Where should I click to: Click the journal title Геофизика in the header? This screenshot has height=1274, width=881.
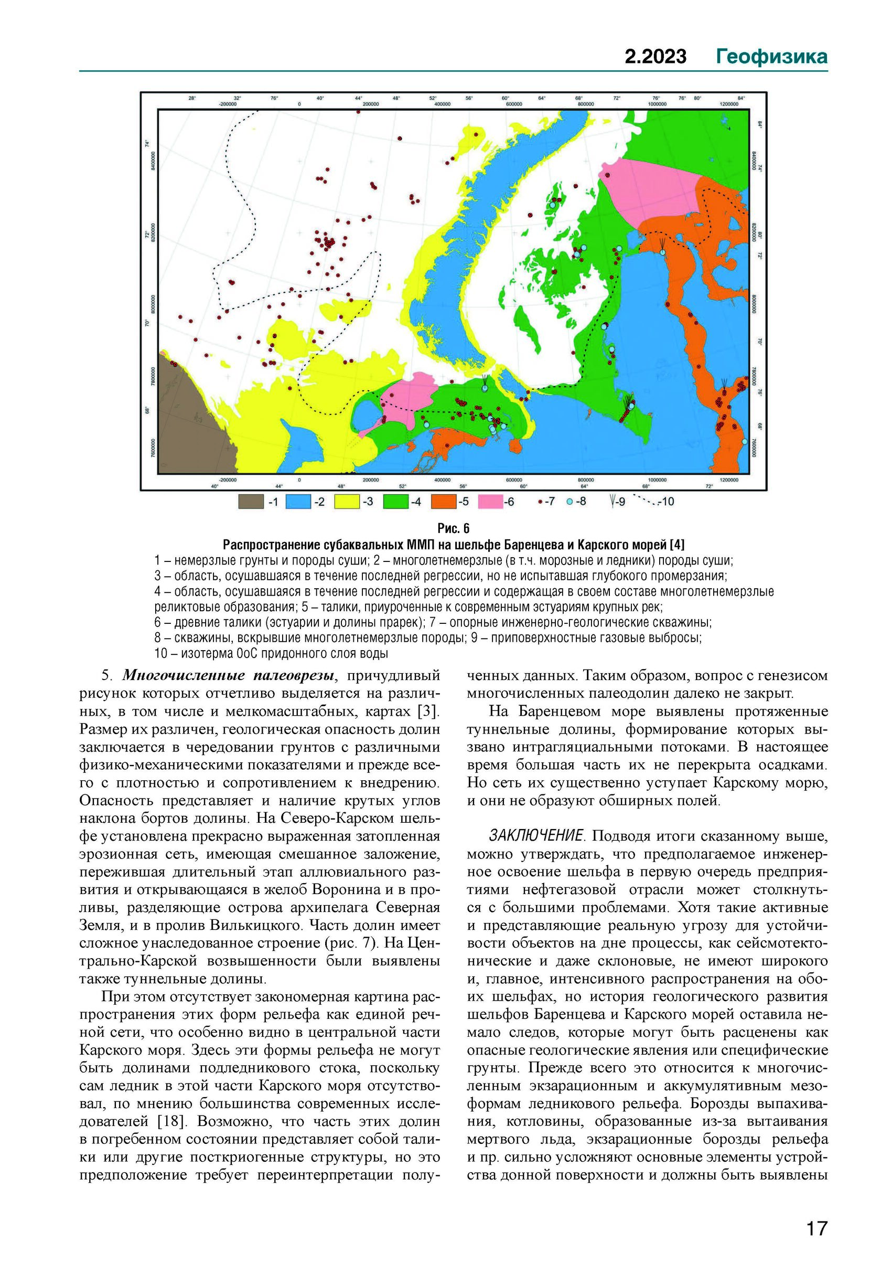(x=772, y=56)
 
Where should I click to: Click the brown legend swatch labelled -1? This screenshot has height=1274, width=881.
(x=251, y=502)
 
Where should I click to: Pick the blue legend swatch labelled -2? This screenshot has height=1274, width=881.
(x=298, y=502)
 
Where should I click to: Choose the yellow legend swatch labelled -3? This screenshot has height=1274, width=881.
(x=347, y=502)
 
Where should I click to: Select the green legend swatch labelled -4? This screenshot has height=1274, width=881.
(x=395, y=502)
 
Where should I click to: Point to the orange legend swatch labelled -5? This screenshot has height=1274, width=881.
(x=443, y=502)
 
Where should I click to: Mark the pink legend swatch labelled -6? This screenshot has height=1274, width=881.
(x=491, y=502)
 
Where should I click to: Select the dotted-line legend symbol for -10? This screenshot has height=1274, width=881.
(x=647, y=502)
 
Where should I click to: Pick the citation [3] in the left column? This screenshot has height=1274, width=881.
(x=427, y=712)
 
